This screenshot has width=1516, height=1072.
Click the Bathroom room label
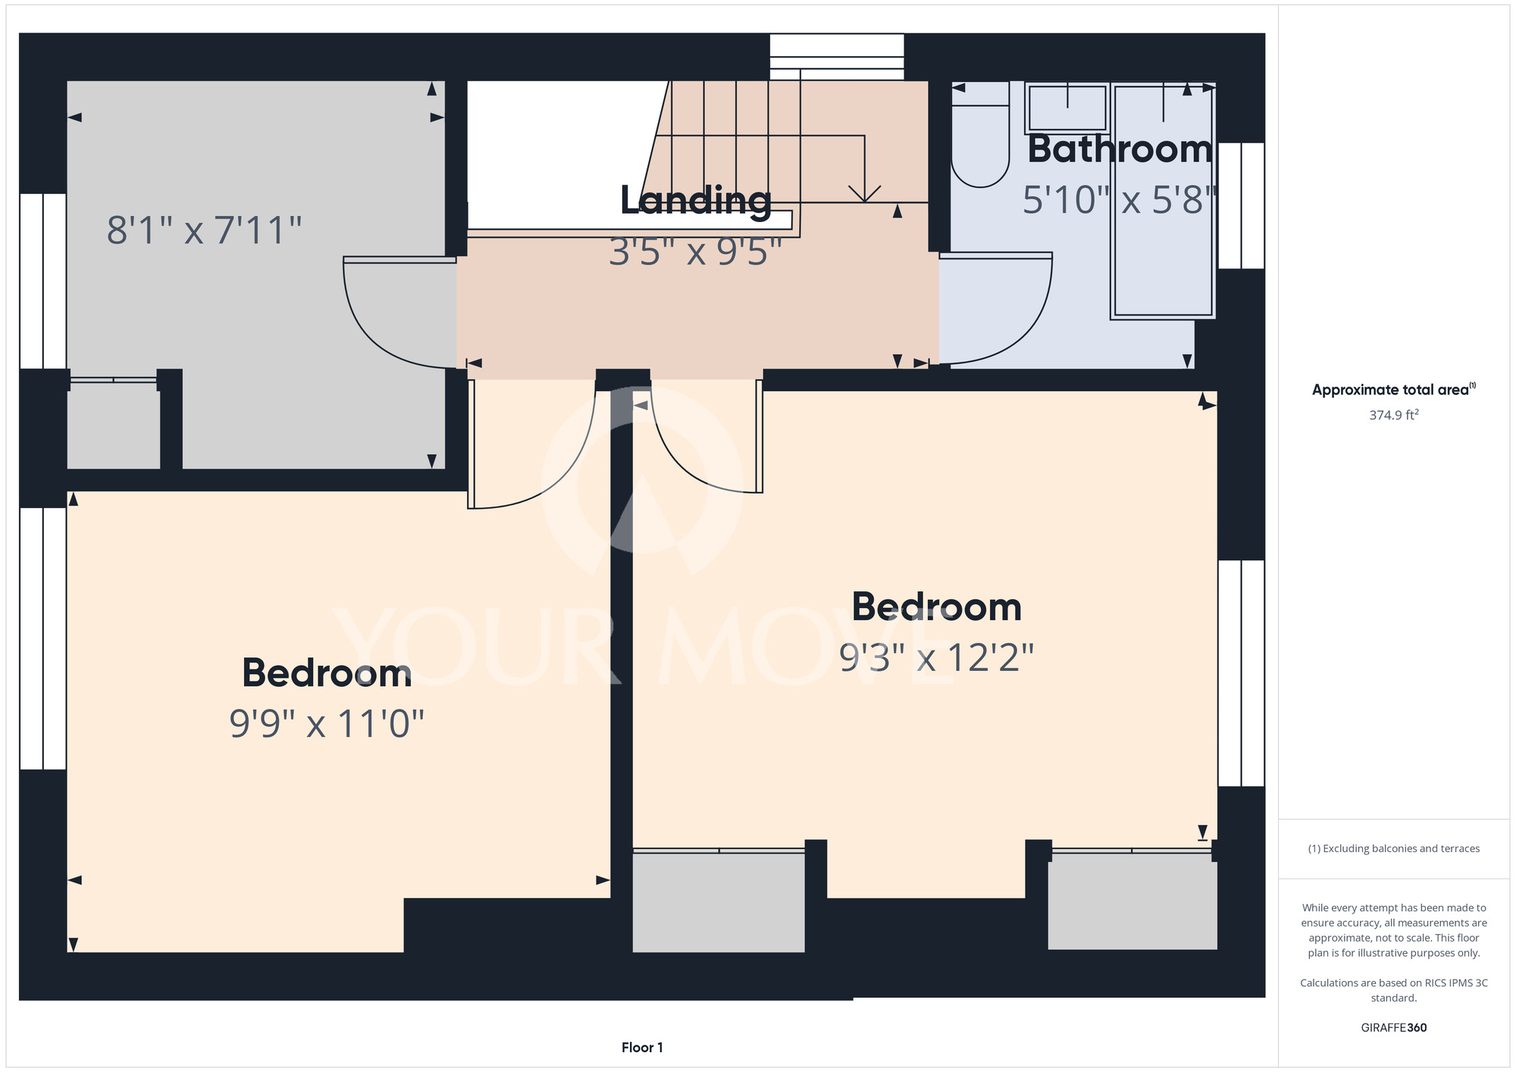click(x=1120, y=149)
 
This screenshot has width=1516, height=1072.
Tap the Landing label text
click(x=696, y=201)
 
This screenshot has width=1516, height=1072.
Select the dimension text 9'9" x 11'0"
click(x=327, y=723)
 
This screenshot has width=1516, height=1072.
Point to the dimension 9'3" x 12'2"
click(x=936, y=657)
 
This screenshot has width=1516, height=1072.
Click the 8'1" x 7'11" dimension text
click(x=204, y=230)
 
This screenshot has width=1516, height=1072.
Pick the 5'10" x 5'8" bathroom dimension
click(x=1120, y=200)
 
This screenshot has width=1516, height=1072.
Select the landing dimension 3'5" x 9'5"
click(x=695, y=251)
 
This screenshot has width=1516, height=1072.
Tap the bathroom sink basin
click(x=1067, y=108)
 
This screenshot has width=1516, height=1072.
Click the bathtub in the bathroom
click(x=1163, y=201)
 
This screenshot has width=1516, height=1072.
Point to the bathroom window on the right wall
click(x=1241, y=205)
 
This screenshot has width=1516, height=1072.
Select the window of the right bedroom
click(x=1241, y=673)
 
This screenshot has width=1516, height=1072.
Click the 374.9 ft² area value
click(x=1393, y=415)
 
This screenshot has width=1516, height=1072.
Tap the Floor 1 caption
click(x=642, y=1048)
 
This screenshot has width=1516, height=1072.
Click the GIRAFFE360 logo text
click(x=1393, y=1028)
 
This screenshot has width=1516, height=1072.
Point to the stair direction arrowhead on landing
click(x=864, y=194)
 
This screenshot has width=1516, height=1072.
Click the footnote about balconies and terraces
click(x=1393, y=848)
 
